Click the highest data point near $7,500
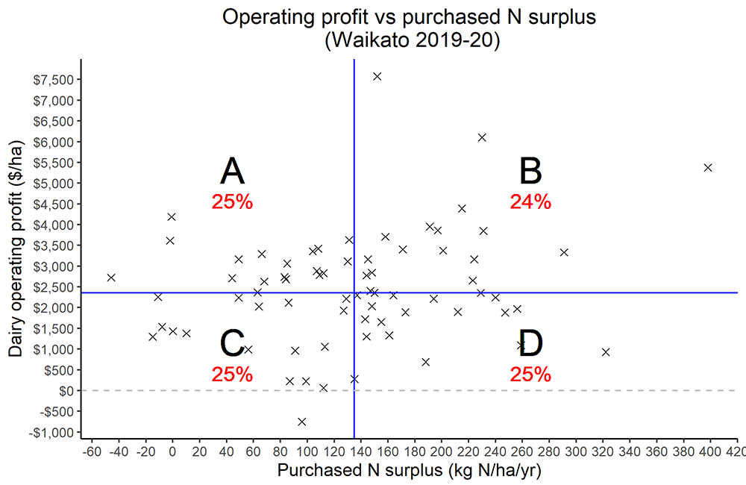click(x=377, y=76)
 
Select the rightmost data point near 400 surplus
click(x=708, y=167)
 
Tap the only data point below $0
click(x=301, y=422)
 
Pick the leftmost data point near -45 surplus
click(x=111, y=278)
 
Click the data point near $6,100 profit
click(x=482, y=137)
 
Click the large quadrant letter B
click(x=530, y=172)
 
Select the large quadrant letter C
click(x=232, y=344)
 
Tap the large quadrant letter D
click(x=530, y=344)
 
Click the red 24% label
click(x=530, y=201)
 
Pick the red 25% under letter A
click(x=232, y=201)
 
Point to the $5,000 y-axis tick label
click(x=54, y=183)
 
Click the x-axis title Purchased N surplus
click(x=408, y=471)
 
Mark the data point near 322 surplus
click(x=606, y=351)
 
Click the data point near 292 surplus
click(x=564, y=252)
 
